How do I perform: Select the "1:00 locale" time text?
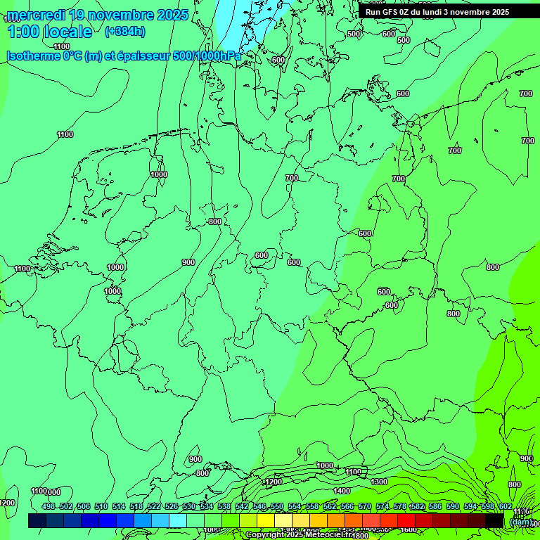coord(49,32)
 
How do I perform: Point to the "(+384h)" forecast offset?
coord(125,32)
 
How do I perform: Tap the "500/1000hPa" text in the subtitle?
coord(212,56)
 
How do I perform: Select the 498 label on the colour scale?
coord(49,506)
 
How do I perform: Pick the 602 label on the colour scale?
coord(505,506)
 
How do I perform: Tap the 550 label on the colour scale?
coord(277,506)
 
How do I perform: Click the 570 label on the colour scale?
coord(364,506)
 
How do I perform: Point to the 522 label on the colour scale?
coord(154,506)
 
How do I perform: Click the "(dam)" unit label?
coord(520,522)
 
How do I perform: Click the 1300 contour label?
coord(379,482)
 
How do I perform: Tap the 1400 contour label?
coord(342,491)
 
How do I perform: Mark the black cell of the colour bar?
coord(495,520)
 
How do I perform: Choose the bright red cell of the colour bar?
coord(389,520)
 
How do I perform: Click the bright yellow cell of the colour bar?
coord(266,520)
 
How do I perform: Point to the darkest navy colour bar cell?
coord(37,520)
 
